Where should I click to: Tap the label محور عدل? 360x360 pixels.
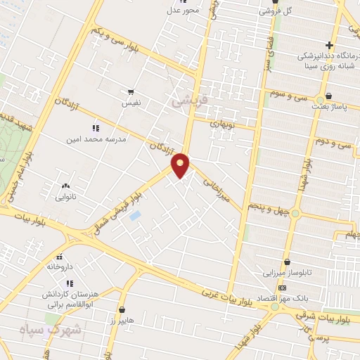pos(183,9)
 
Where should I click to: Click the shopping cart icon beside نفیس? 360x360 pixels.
pos(130,91)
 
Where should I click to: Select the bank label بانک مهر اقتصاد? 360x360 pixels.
pos(281,298)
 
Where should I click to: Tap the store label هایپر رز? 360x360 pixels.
pos(122,321)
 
